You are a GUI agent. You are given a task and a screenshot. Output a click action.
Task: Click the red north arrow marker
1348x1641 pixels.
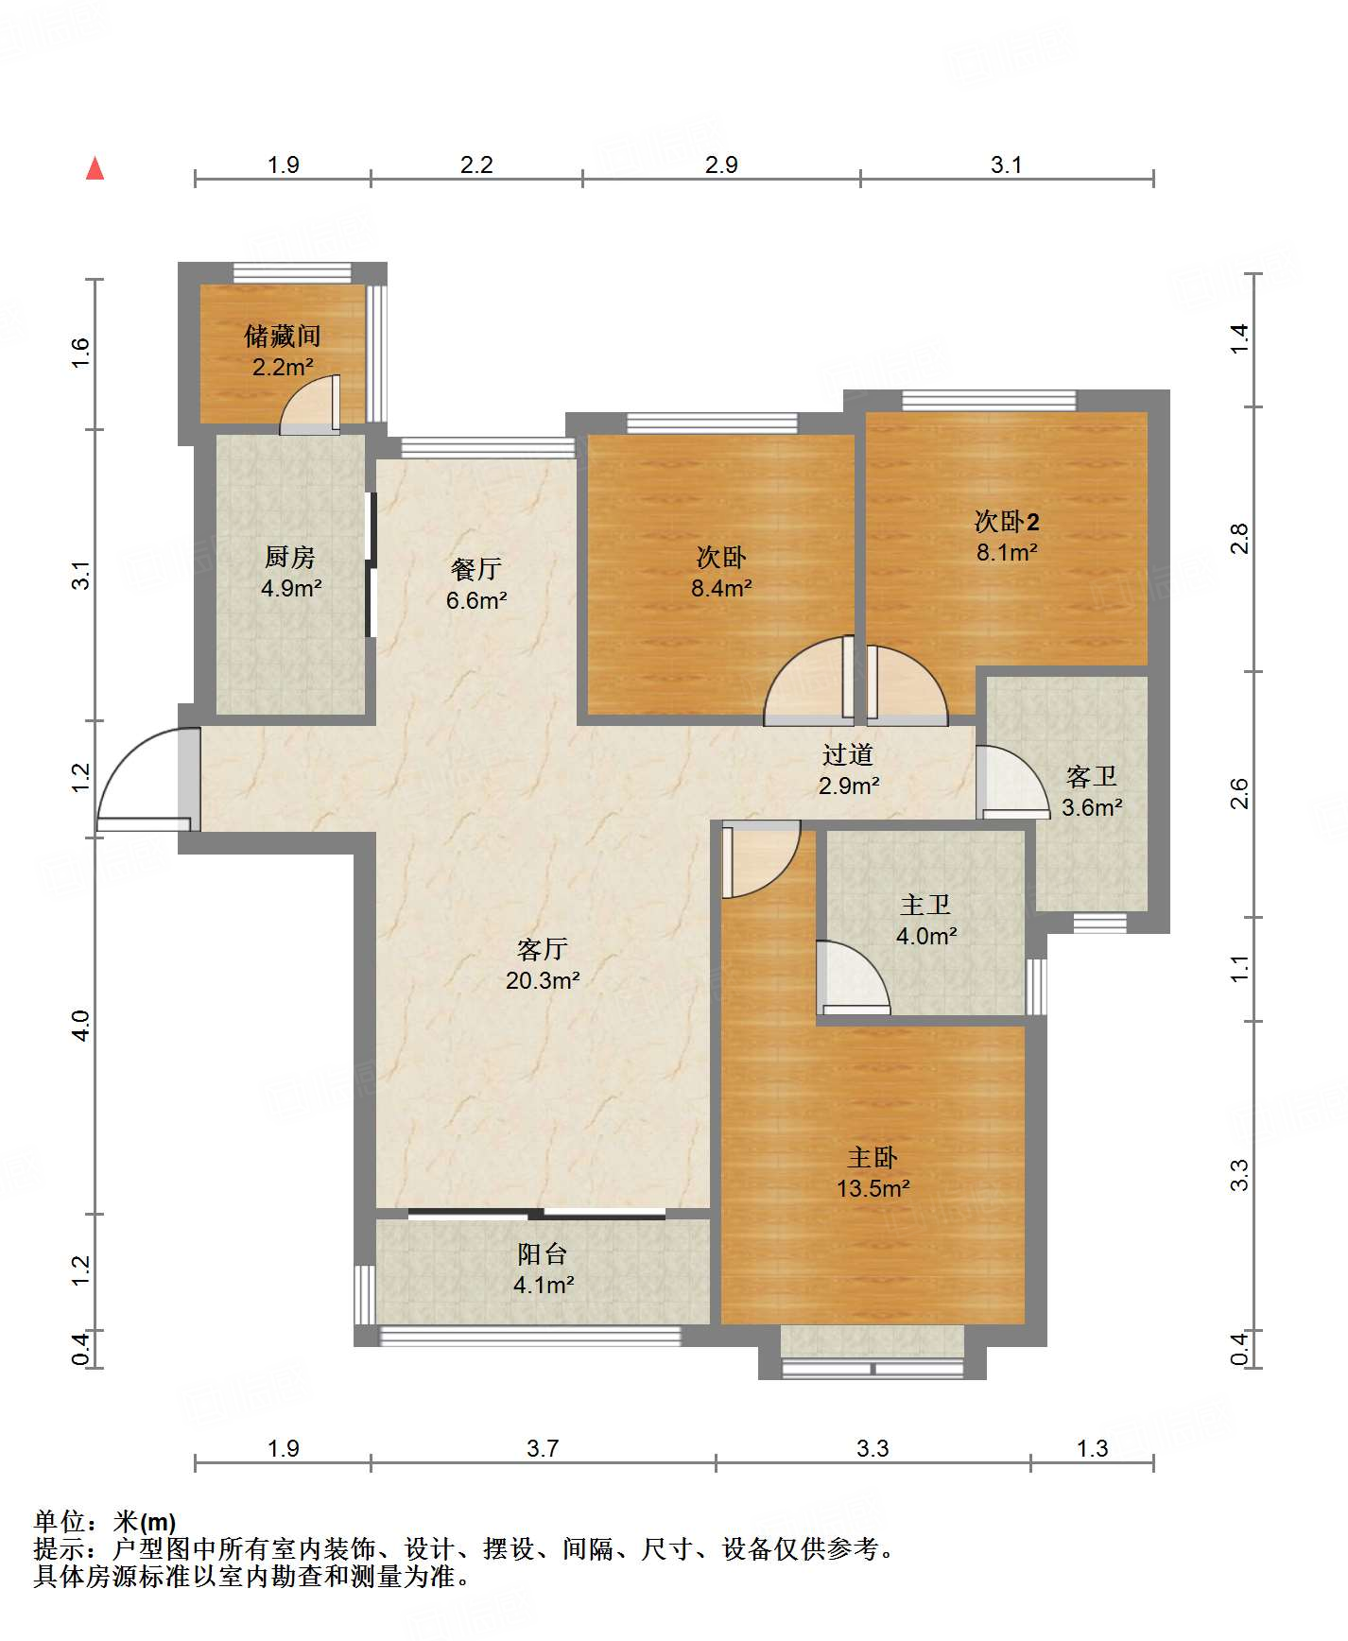point(95,168)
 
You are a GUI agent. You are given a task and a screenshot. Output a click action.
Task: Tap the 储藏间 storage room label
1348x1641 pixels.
point(283,336)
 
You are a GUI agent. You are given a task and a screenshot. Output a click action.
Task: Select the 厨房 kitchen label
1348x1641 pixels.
point(290,557)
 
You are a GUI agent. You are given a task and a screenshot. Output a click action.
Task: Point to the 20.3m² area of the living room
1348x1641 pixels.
point(543,980)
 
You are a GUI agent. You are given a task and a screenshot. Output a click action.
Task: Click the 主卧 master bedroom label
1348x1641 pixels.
point(873,1157)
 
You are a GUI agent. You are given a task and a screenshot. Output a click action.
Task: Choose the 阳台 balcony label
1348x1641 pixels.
point(543,1253)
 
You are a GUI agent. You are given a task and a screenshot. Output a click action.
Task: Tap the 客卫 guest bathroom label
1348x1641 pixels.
point(1092,776)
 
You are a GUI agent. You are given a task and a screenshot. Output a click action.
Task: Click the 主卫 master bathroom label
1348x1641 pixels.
point(925,905)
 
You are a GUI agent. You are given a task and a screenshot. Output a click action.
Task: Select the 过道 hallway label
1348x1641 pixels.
point(848,753)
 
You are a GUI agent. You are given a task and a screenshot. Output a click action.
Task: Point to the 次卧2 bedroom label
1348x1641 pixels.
point(1007,521)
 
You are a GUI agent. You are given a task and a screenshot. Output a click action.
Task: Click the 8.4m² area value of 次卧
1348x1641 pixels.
point(721,588)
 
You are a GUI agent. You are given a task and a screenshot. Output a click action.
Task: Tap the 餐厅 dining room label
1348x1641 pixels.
point(475,568)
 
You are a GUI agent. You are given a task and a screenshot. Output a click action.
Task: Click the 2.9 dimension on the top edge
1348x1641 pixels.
point(721,164)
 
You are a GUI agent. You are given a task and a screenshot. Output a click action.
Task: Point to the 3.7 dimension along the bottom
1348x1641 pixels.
point(543,1448)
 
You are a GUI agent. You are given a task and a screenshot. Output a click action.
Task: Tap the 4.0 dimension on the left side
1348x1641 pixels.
point(81,1026)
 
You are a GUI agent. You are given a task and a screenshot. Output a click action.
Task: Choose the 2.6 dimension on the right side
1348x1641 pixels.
point(1239,793)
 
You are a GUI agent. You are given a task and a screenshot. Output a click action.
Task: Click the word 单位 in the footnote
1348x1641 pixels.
point(60,1522)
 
